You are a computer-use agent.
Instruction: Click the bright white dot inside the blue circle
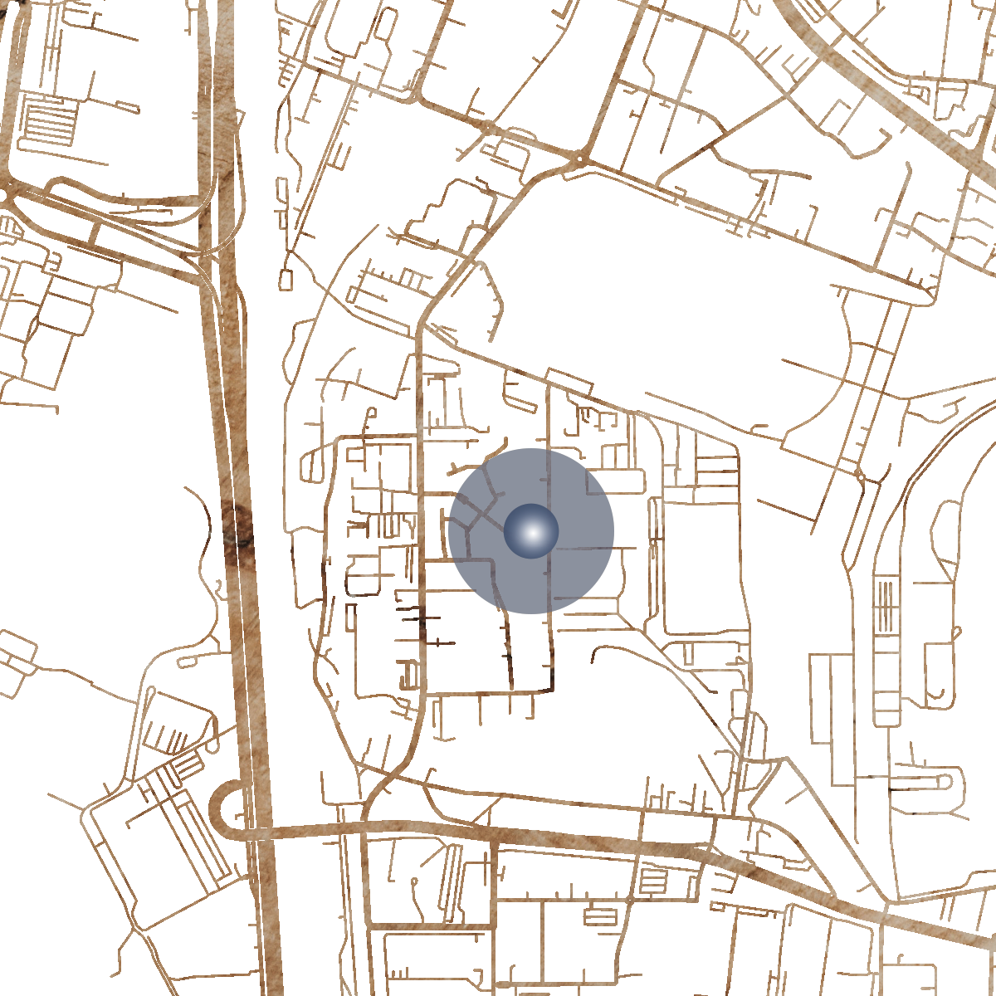(x=532, y=532)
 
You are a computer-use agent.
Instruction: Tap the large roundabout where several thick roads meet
(x=579, y=156)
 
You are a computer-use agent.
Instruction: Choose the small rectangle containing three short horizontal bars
(x=652, y=881)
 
